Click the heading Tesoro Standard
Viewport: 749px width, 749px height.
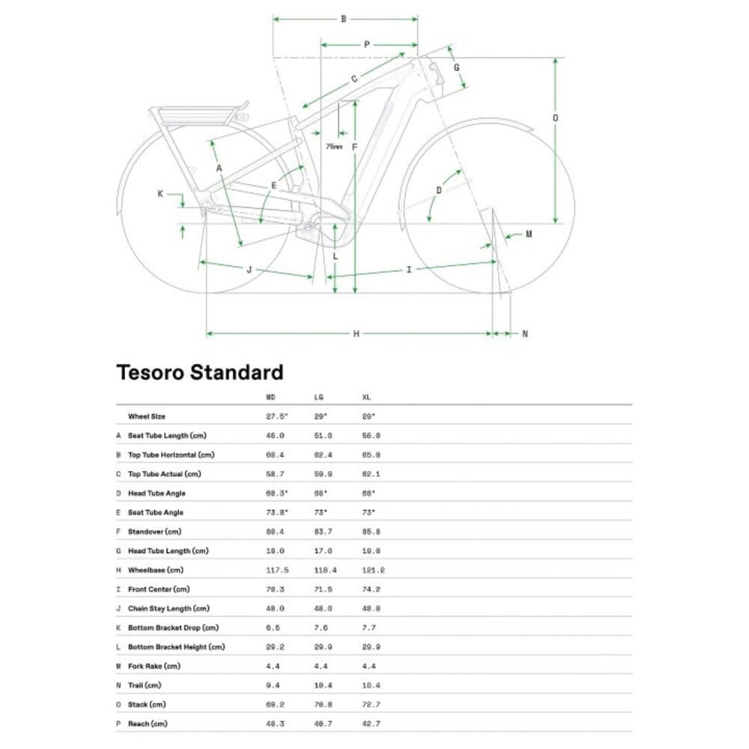click(200, 372)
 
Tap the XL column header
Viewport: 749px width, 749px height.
click(366, 397)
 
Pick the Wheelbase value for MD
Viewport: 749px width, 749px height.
click(277, 570)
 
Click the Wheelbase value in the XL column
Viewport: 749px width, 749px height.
click(373, 570)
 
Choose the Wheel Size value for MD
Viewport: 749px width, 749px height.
click(277, 416)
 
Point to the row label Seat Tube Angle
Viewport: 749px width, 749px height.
click(156, 512)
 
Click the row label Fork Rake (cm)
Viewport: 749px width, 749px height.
click(154, 666)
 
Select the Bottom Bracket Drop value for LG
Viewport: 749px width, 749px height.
click(322, 628)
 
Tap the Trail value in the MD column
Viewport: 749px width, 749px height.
click(274, 685)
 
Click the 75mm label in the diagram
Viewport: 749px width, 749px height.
click(334, 147)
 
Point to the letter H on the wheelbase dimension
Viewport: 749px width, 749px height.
click(356, 333)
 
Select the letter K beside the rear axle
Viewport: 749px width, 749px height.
click(160, 194)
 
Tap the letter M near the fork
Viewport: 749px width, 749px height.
click(528, 234)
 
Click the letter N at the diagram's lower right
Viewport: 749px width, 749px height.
click(524, 333)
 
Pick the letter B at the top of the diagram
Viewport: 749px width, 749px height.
click(344, 19)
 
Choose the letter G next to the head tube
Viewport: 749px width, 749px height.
click(456, 67)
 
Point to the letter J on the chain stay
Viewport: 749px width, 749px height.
click(249, 270)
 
